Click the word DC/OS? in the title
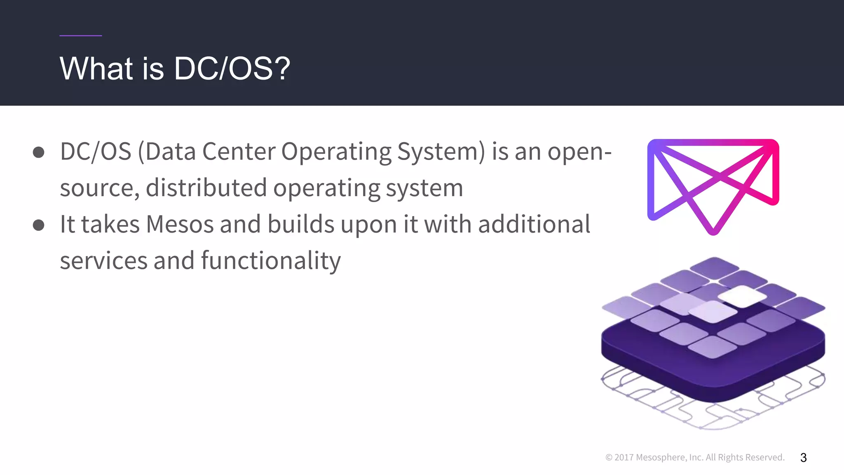(x=232, y=68)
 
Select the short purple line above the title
(x=80, y=36)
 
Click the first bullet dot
(x=39, y=152)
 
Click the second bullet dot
(x=39, y=225)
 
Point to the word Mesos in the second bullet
(x=180, y=225)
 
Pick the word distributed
(x=206, y=188)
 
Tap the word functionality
(x=271, y=261)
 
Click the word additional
(x=534, y=225)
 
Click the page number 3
(x=803, y=458)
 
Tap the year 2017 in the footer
(x=624, y=457)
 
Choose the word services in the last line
(x=103, y=261)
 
